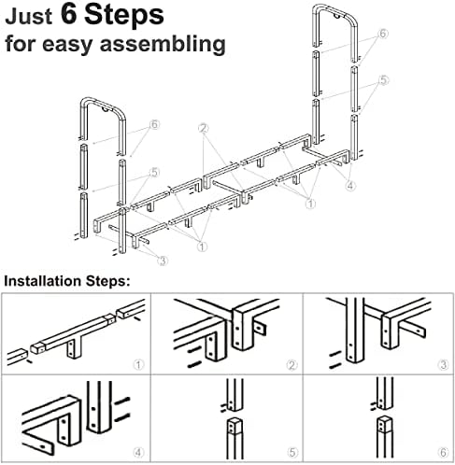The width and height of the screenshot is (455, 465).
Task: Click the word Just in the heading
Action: click(28, 17)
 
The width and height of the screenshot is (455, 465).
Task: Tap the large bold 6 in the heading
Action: click(69, 14)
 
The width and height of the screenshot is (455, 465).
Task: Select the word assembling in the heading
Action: click(163, 44)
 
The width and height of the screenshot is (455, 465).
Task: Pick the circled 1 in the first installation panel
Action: click(138, 364)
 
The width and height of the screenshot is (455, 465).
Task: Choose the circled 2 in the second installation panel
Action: click(291, 365)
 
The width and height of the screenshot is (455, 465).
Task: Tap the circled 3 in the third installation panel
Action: click(444, 365)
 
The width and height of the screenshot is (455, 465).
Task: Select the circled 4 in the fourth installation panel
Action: click(138, 452)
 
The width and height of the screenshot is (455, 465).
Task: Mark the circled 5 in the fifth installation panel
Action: click(291, 452)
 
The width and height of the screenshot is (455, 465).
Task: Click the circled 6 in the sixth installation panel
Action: click(444, 452)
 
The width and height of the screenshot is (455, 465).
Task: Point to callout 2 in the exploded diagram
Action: click(204, 128)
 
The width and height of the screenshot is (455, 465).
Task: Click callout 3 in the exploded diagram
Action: click(163, 261)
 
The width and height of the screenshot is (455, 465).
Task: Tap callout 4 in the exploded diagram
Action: click(350, 186)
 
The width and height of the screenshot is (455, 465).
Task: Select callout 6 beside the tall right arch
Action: click(383, 34)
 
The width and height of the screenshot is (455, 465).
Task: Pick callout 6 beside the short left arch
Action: click(154, 124)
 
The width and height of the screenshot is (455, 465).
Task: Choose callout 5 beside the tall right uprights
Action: click(384, 80)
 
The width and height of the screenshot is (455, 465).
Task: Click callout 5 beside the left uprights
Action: click(155, 172)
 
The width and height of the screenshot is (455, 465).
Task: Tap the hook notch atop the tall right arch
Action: click(336, 15)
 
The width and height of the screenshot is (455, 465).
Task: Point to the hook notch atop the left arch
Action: click(106, 110)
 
